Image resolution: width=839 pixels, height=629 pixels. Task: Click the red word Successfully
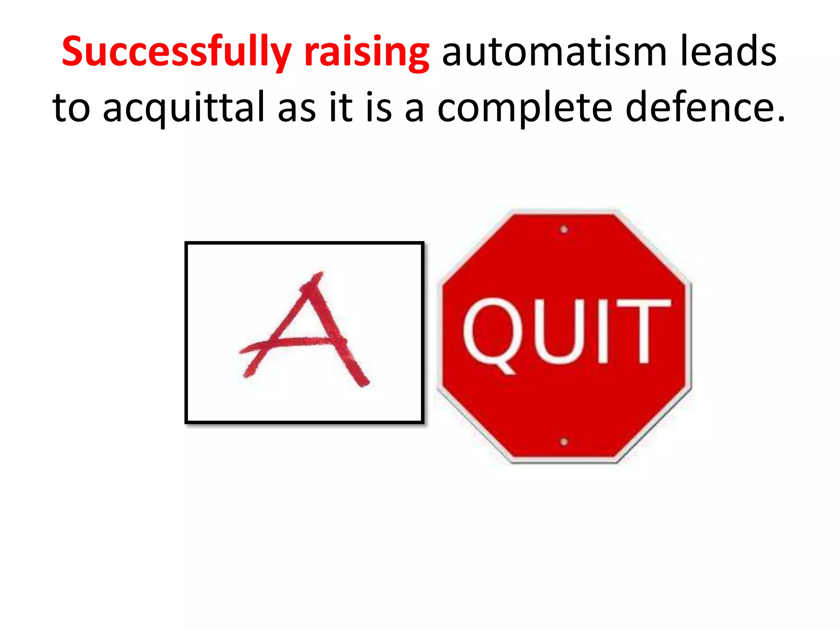click(x=176, y=52)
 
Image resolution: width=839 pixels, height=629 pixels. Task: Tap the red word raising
click(x=366, y=52)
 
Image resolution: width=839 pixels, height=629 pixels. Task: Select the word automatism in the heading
click(x=554, y=52)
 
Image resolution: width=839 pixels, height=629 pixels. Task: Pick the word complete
click(x=525, y=107)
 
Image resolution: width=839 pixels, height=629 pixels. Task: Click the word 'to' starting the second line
click(x=71, y=107)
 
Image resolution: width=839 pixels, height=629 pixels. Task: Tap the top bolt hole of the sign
click(x=564, y=229)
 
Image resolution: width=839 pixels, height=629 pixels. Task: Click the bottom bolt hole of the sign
click(x=564, y=442)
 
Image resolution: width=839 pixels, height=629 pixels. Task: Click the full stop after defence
click(x=781, y=119)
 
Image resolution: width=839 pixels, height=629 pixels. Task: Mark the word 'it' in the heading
click(x=341, y=107)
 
